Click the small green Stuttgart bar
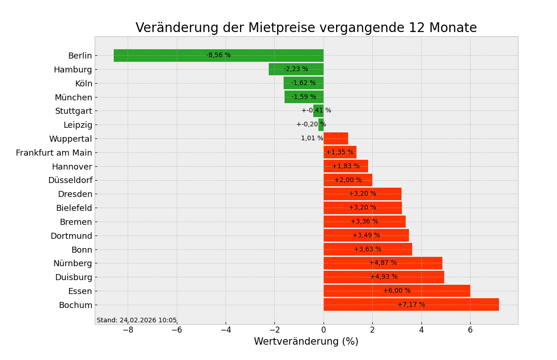[x=318, y=111]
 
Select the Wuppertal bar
[x=336, y=138]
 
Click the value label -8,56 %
[x=218, y=55]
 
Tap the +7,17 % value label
[x=411, y=305]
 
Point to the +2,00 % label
[x=348, y=180]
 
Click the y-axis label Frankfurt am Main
[x=54, y=153]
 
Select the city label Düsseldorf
[x=70, y=180]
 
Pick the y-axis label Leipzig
[x=78, y=125]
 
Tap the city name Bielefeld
[x=74, y=208]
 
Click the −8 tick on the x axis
[x=128, y=330]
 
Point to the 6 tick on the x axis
[x=470, y=330]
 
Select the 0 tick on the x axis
[x=324, y=330]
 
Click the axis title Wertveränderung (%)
[x=306, y=342]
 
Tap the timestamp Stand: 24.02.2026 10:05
[x=136, y=321]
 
